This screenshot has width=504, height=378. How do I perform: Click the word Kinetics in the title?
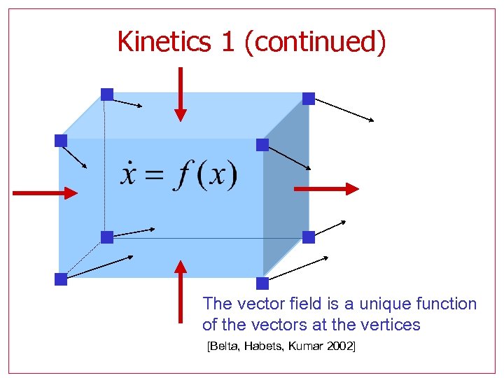click(x=163, y=42)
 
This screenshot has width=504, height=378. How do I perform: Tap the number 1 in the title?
click(x=227, y=42)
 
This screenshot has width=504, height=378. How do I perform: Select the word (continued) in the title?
click(x=315, y=42)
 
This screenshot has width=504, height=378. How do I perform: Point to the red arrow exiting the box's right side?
click(x=326, y=188)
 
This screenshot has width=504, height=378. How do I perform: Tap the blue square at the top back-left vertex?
click(x=106, y=94)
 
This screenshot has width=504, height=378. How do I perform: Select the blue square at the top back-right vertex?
click(x=309, y=99)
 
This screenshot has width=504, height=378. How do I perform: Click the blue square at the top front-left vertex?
click(x=61, y=141)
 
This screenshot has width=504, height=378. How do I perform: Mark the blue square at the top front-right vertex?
click(x=262, y=145)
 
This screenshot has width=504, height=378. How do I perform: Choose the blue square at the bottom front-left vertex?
click(x=61, y=279)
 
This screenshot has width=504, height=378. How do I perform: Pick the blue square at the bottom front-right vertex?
click(x=262, y=283)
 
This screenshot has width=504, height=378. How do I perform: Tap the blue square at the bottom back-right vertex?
click(x=309, y=237)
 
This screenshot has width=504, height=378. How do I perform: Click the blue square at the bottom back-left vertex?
click(x=106, y=237)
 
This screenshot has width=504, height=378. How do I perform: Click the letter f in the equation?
click(x=184, y=175)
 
